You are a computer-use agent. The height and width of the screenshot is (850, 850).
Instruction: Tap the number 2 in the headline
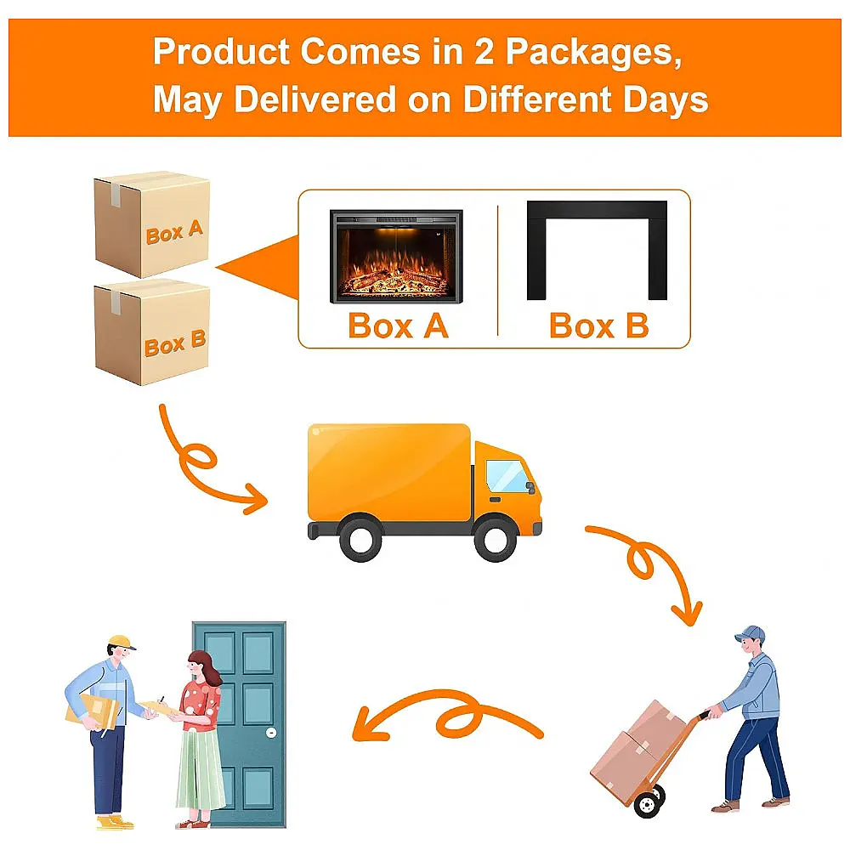484,52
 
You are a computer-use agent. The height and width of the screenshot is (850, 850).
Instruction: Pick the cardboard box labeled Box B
152,331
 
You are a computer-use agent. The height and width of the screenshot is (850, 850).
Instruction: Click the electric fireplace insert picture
396,257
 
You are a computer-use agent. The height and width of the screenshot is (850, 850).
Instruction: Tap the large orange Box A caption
399,326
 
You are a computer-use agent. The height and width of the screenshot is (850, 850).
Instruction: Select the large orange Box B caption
599,326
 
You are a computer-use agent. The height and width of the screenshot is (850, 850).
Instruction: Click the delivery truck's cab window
507,476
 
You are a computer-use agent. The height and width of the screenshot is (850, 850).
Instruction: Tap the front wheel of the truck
496,538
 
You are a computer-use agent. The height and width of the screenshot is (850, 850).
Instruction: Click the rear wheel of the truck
360,538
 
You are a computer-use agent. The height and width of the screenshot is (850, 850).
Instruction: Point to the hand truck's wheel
648,803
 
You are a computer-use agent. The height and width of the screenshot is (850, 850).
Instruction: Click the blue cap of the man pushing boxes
751,634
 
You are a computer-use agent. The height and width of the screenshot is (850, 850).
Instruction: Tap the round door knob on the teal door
272,733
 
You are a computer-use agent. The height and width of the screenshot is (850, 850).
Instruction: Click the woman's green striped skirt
200,770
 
